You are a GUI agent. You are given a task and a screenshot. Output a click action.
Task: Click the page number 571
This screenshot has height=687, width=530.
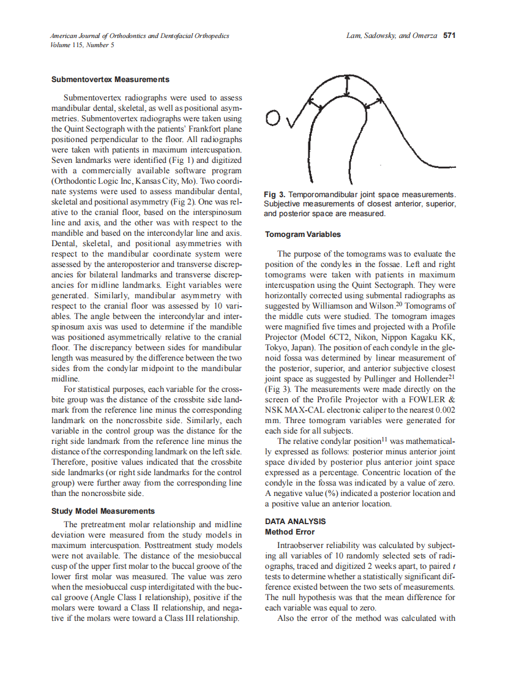(450, 36)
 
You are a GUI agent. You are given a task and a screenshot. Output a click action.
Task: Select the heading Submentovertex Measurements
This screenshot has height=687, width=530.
(110, 80)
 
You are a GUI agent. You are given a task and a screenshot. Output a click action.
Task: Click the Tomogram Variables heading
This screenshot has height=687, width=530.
(302, 234)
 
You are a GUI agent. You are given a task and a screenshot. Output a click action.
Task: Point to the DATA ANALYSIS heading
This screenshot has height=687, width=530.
(295, 522)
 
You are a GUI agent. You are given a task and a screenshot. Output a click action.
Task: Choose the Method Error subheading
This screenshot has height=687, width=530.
(289, 532)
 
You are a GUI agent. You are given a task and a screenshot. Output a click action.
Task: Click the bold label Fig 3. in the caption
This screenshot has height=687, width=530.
(275, 194)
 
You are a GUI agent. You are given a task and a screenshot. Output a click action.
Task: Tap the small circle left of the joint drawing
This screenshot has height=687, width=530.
(274, 118)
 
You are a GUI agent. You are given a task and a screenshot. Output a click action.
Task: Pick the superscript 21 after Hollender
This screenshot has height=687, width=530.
(451, 377)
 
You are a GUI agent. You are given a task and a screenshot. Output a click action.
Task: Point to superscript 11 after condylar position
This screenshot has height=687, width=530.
(385, 438)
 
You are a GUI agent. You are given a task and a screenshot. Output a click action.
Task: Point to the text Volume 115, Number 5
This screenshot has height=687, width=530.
(81, 45)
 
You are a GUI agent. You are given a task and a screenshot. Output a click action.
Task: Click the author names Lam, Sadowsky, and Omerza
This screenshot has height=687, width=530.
(391, 36)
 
